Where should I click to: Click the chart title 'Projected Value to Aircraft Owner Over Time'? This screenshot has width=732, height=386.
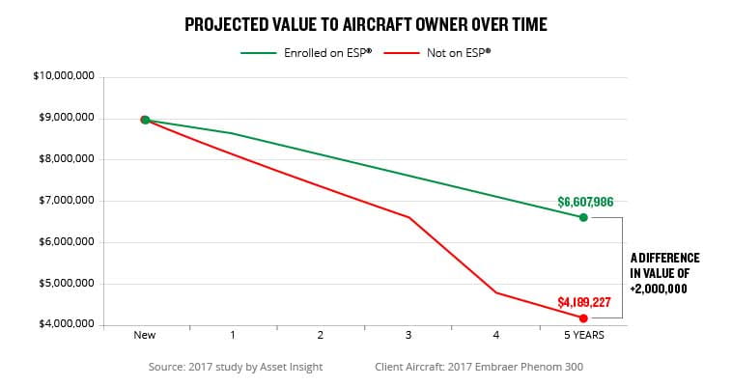pos(366,24)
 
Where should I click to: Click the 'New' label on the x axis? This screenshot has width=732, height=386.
pos(145,337)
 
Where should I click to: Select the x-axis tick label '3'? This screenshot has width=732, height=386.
pos(408,337)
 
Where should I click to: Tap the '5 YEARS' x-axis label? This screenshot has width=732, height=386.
pos(583,337)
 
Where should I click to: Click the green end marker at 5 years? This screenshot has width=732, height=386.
pos(583,217)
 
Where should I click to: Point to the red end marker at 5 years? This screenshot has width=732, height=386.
pos(583,317)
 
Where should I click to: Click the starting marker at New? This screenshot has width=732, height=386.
pos(145,120)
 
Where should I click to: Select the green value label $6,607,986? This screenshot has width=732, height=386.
pos(585,202)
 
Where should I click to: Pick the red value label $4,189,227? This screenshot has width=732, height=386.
pos(584,302)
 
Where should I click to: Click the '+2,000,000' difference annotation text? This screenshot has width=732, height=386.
pos(664,288)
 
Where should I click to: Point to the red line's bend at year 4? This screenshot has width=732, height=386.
pos(496,292)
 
